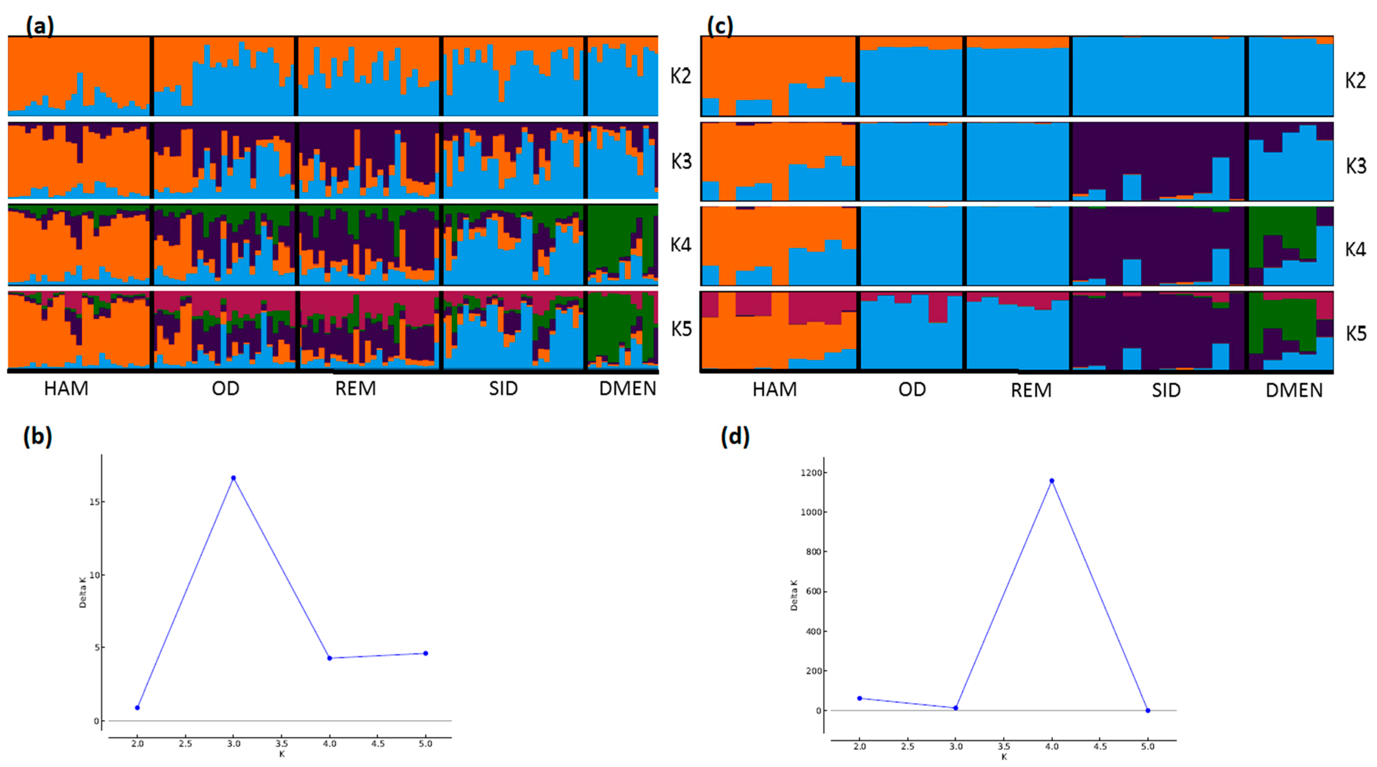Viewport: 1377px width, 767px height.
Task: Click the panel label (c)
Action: click(720, 26)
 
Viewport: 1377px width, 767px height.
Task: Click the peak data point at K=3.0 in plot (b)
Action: click(233, 478)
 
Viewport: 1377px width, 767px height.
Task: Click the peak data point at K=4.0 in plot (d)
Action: click(1052, 481)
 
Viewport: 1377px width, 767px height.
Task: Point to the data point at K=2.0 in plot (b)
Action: click(137, 708)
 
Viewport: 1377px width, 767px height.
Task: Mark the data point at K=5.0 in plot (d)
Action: click(1148, 710)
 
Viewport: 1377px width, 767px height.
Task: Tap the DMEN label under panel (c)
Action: click(1293, 391)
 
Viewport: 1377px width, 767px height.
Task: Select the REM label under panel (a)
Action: click(355, 388)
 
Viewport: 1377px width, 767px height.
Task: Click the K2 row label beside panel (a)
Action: click(681, 76)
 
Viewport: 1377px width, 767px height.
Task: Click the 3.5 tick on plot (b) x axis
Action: click(282, 743)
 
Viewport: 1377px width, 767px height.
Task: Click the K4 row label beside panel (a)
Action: click(681, 245)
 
